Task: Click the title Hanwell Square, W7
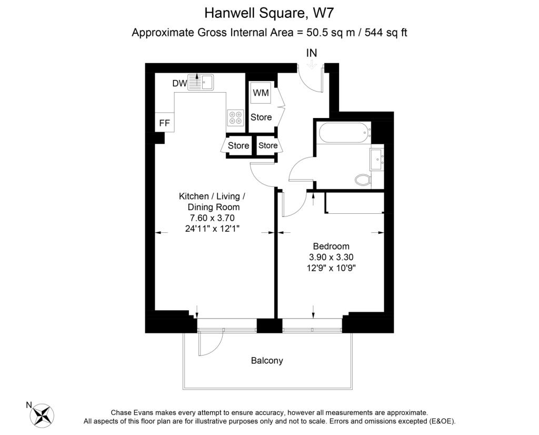[x=269, y=12]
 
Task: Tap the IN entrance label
[x=312, y=53]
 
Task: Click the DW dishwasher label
[x=179, y=83]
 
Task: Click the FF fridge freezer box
[x=164, y=123]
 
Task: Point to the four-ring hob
[x=235, y=117]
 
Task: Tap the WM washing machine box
[x=261, y=93]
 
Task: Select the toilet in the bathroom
[x=362, y=180]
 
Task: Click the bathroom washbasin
[x=377, y=158]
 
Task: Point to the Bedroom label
[x=331, y=246]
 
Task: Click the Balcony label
[x=267, y=361]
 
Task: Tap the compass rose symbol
[x=43, y=414]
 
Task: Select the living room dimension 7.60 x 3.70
[x=212, y=217]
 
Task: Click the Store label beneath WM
[x=261, y=117]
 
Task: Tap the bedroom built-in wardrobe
[x=355, y=203]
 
